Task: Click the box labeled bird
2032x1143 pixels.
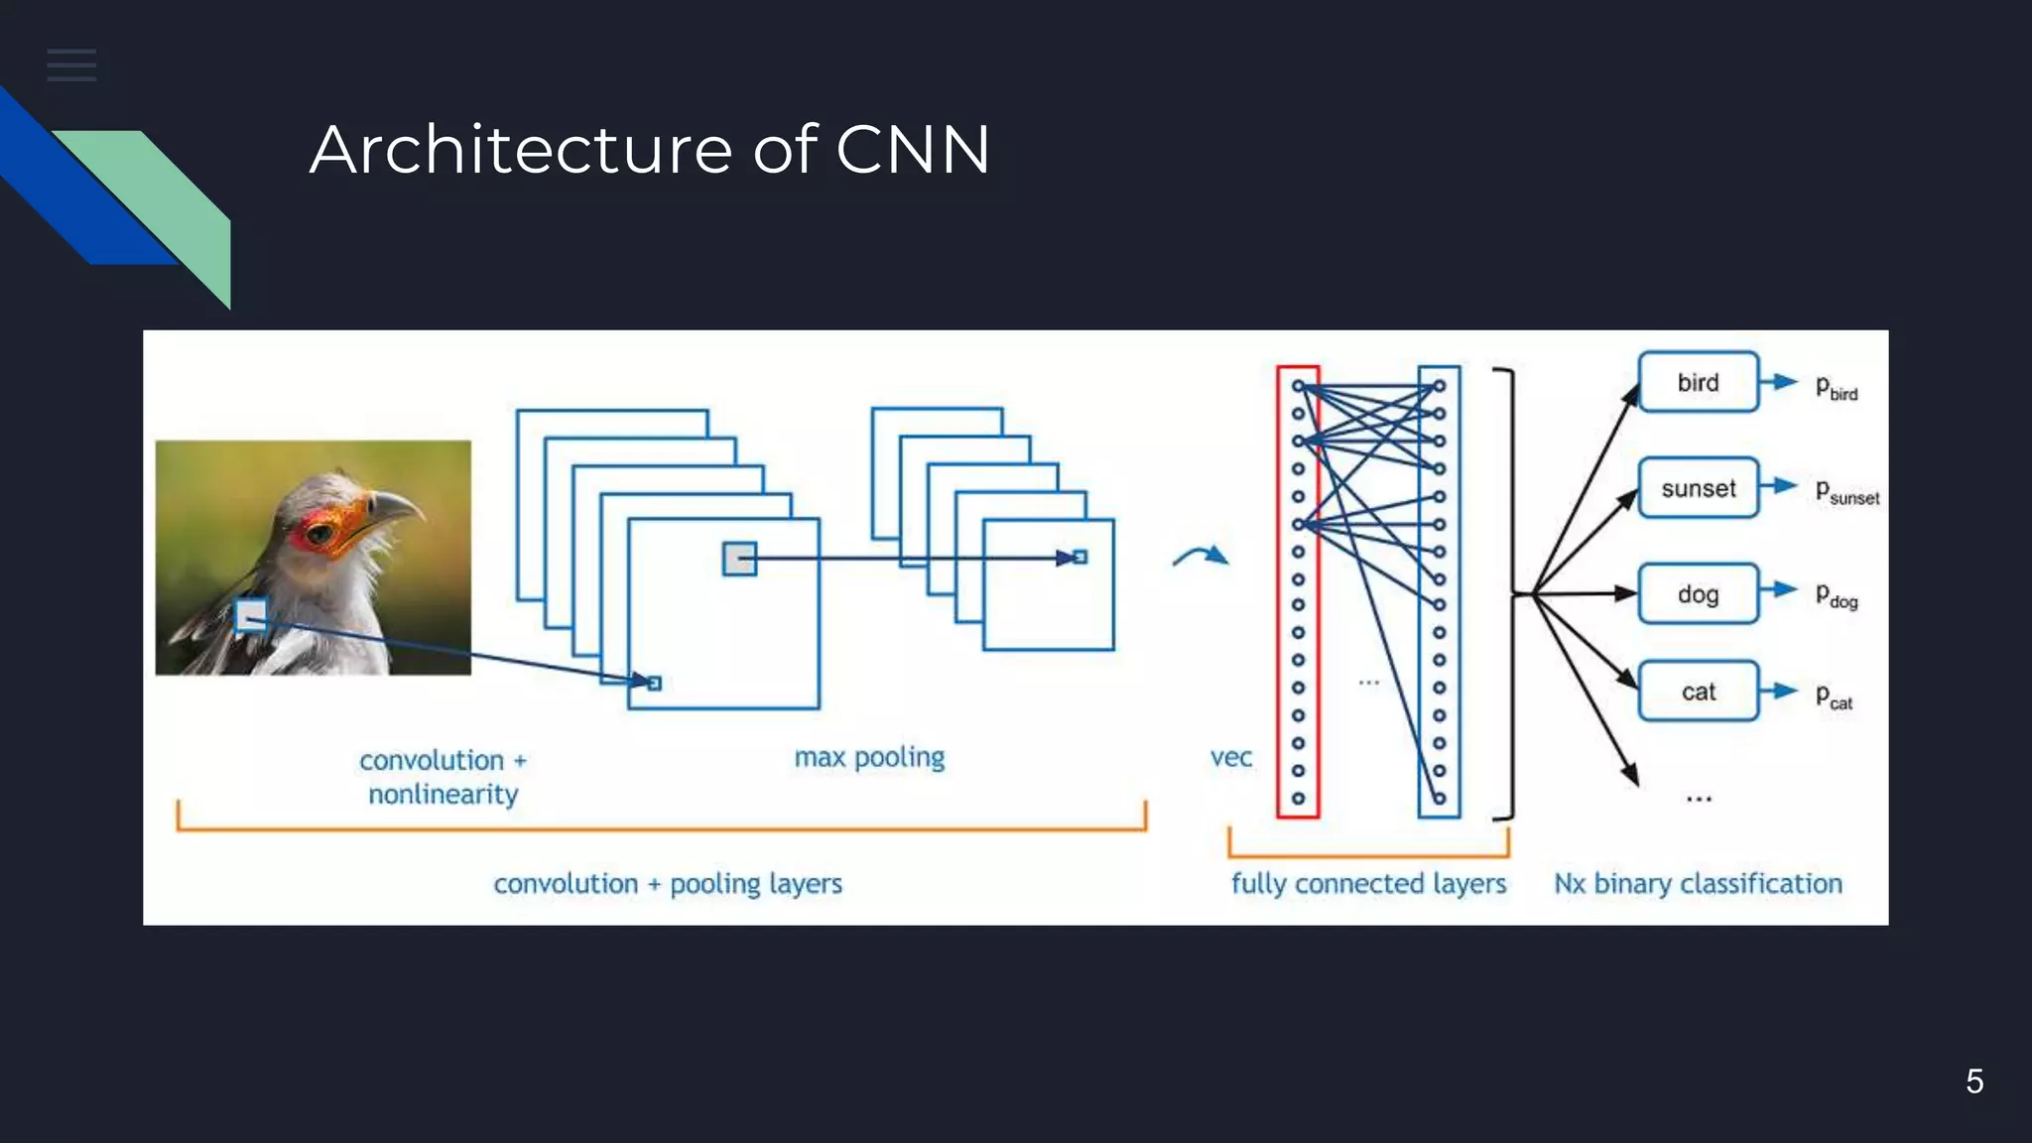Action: coord(1698,382)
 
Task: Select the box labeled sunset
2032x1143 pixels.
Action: coord(1698,488)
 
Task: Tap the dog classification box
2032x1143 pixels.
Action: coord(1698,594)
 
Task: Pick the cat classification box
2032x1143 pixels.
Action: coord(1698,692)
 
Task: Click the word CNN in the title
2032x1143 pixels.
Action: coord(912,150)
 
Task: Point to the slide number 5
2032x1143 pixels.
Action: coord(1974,1080)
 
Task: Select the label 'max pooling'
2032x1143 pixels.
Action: coord(869,757)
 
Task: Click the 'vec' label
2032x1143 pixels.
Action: coord(1230,758)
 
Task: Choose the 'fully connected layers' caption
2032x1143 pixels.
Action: coord(1368,883)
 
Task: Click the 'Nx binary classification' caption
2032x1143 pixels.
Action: coord(1698,883)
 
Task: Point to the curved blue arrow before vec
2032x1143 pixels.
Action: coord(1201,556)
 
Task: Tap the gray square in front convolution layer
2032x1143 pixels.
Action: coord(739,559)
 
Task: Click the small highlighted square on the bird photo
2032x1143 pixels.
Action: coord(251,616)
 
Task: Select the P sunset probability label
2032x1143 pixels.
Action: coord(1845,492)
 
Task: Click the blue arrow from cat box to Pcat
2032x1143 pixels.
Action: coord(1779,691)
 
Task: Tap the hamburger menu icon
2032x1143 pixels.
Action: coord(71,65)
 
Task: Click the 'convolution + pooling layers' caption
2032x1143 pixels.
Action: coord(668,883)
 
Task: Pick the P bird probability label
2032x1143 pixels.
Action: coord(1836,387)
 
